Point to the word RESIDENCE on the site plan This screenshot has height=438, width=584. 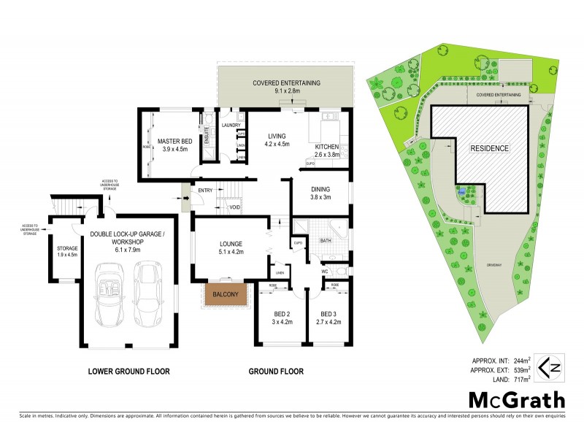pos(490,148)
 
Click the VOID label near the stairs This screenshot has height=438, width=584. pos(235,208)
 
